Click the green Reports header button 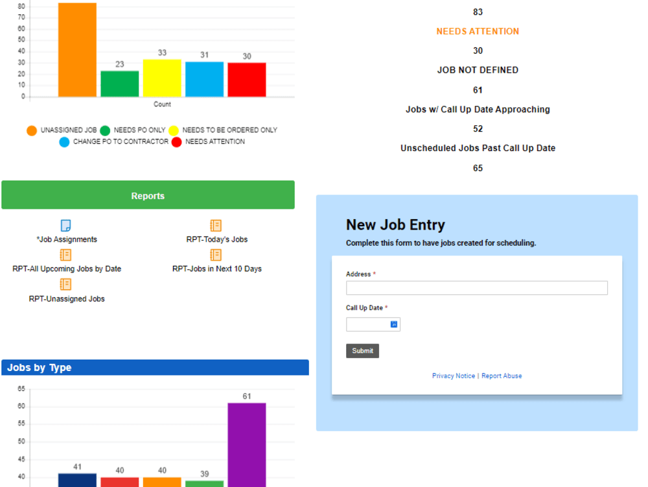point(148,195)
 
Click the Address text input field point(476,288)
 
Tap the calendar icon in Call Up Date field point(393,324)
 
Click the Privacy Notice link point(453,376)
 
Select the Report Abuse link point(502,376)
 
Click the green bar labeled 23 point(120,84)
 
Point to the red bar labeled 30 point(247,80)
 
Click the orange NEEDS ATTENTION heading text point(478,31)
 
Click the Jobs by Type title point(40,368)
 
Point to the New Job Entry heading point(395,225)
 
